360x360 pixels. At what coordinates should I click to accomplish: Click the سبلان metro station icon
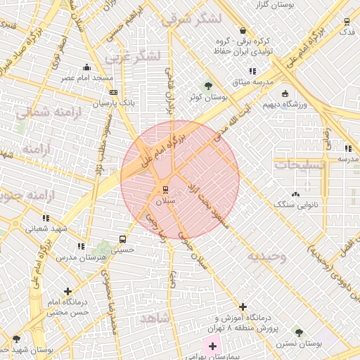(166, 189)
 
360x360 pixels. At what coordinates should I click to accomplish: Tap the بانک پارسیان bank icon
(114, 91)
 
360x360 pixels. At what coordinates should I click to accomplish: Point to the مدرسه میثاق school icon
(252, 71)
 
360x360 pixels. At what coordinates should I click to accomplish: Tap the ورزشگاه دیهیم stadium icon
(285, 94)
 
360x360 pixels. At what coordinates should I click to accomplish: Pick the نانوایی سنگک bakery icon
(295, 193)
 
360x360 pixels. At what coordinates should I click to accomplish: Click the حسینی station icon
(124, 239)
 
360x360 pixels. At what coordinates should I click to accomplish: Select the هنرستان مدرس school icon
(81, 247)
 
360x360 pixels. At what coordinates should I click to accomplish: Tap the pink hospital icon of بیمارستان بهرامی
(212, 346)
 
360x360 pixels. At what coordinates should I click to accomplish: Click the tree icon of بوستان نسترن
(299, 332)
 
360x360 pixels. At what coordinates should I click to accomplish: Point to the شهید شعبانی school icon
(46, 218)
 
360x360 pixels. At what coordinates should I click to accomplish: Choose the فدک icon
(346, 21)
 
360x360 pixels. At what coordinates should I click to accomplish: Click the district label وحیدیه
(266, 257)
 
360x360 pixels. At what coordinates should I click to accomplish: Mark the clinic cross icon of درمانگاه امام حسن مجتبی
(67, 291)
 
